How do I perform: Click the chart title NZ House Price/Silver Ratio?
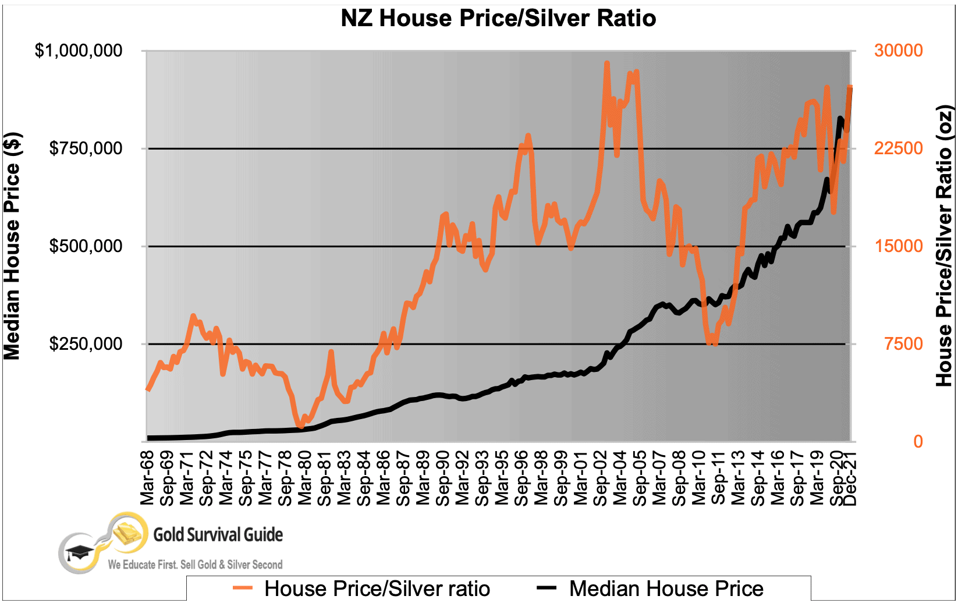[x=498, y=18]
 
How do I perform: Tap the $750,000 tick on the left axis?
[x=86, y=148]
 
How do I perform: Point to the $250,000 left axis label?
[x=86, y=344]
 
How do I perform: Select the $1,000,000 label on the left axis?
[x=79, y=51]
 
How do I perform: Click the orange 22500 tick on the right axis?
[x=898, y=148]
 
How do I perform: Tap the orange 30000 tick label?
[x=898, y=51]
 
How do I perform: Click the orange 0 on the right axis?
[x=918, y=442]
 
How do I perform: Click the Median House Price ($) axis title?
[x=13, y=246]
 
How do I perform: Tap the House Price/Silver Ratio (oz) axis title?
[x=944, y=246]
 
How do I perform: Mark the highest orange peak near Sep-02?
[x=606, y=63]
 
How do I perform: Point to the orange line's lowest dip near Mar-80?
[x=301, y=427]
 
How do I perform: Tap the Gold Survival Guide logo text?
[x=218, y=534]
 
